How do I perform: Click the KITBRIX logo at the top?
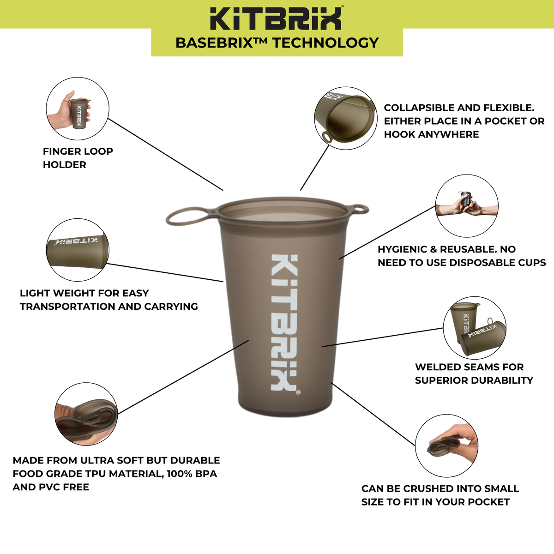(277, 18)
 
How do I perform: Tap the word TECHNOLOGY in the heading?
(325, 43)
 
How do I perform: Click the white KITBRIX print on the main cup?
(283, 322)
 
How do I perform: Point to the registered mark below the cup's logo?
(297, 393)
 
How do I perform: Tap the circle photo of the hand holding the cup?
(78, 109)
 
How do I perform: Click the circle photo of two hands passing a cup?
(467, 206)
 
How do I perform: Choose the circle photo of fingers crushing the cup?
(446, 446)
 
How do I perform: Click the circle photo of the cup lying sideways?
(78, 250)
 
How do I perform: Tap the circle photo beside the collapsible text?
(345, 118)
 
